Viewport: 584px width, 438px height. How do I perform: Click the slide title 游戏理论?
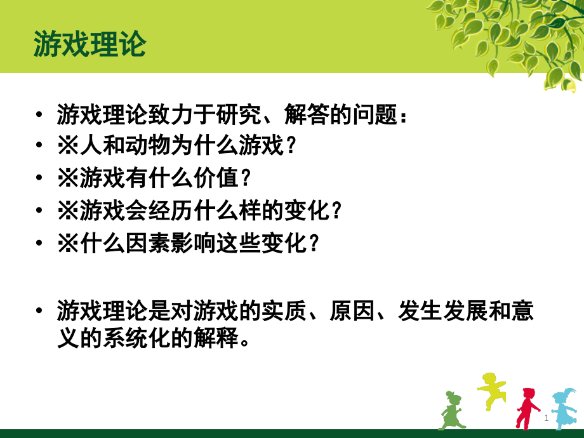coord(90,44)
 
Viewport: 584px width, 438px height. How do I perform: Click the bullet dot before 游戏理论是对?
coord(40,312)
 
